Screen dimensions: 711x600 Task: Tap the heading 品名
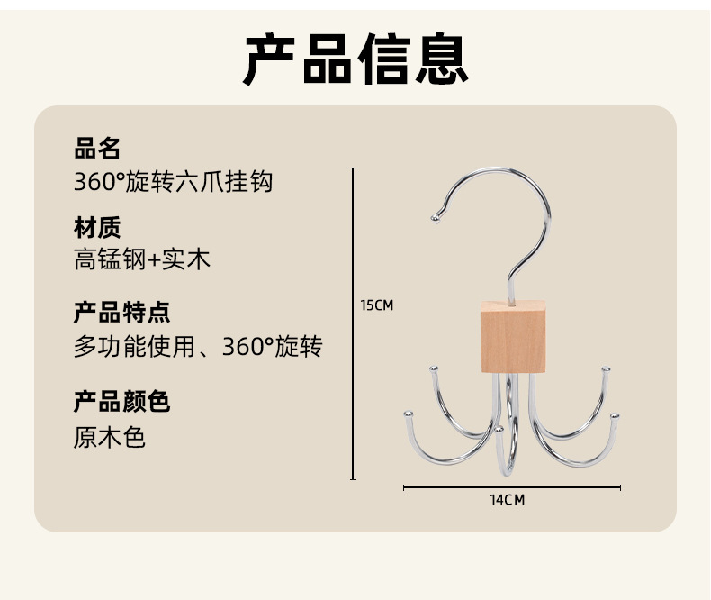click(97, 148)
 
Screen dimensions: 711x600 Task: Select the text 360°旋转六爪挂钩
click(173, 182)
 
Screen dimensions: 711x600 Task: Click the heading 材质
click(97, 227)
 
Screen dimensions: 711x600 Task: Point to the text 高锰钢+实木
click(142, 260)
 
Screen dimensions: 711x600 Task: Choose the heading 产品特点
click(121, 313)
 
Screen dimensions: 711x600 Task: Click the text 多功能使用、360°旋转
click(198, 346)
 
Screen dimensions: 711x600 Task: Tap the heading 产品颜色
click(121, 401)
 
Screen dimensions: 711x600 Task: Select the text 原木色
click(110, 438)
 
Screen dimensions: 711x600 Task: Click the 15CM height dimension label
click(377, 305)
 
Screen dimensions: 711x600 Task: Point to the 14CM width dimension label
click(508, 500)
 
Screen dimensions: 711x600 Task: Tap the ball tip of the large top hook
click(435, 217)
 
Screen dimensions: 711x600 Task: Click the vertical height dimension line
click(353, 360)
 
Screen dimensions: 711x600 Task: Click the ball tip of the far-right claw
click(615, 416)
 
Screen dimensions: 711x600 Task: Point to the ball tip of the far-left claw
click(407, 414)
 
